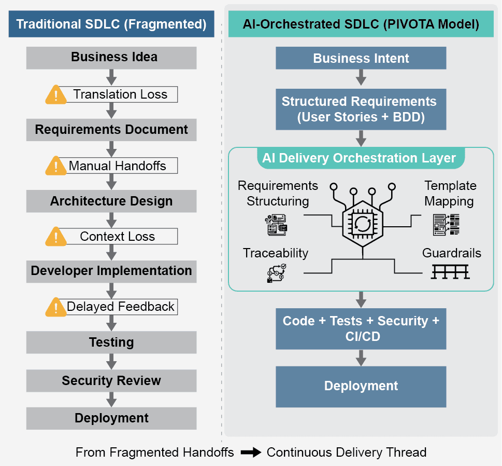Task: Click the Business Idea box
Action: click(x=111, y=58)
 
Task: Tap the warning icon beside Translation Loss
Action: click(x=56, y=94)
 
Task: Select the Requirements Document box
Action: click(x=111, y=130)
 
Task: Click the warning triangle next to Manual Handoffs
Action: click(x=56, y=166)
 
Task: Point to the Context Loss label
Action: click(x=118, y=237)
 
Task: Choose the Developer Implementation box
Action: click(x=111, y=271)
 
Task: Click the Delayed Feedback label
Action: click(x=121, y=307)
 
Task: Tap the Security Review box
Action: click(x=111, y=381)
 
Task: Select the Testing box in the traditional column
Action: click(x=111, y=342)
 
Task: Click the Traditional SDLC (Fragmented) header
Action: click(x=111, y=24)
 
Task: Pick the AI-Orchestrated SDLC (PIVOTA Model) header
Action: click(x=361, y=24)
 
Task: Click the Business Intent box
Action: click(x=361, y=58)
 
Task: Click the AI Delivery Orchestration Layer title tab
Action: click(x=359, y=158)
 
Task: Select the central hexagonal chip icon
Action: click(x=362, y=223)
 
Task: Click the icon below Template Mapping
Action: click(x=446, y=224)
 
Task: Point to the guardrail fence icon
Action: click(x=450, y=271)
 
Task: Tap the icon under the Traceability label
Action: click(x=276, y=273)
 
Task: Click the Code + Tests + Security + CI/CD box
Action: click(x=361, y=328)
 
